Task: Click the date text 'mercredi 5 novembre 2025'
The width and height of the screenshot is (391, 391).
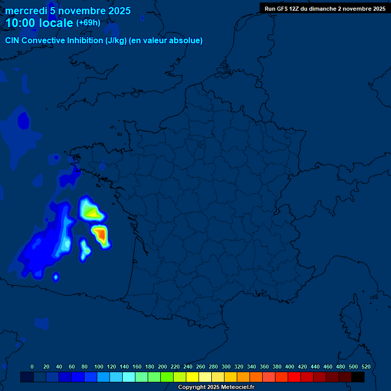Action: (68, 11)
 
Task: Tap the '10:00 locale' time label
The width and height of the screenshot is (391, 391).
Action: (39, 23)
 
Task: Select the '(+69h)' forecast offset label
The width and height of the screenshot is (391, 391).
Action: (88, 23)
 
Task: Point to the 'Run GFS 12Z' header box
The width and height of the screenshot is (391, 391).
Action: (324, 9)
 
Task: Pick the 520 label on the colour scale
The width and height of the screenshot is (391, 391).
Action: (366, 367)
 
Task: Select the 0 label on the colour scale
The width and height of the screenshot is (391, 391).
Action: (32, 367)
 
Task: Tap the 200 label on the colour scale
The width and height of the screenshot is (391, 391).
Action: (162, 367)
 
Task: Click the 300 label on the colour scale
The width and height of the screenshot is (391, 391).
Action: (226, 367)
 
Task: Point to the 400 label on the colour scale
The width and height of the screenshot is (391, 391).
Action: (289, 367)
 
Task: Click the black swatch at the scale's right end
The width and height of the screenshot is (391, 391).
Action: (358, 377)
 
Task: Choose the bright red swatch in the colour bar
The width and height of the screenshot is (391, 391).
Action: (294, 377)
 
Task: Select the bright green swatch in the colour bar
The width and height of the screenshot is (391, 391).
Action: (167, 377)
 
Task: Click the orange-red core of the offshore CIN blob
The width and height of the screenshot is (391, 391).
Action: (101, 235)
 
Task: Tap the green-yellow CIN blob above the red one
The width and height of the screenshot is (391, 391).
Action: (91, 211)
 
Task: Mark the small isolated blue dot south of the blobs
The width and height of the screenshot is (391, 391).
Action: (56, 277)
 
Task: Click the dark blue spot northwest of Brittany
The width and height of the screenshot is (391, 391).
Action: (23, 121)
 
